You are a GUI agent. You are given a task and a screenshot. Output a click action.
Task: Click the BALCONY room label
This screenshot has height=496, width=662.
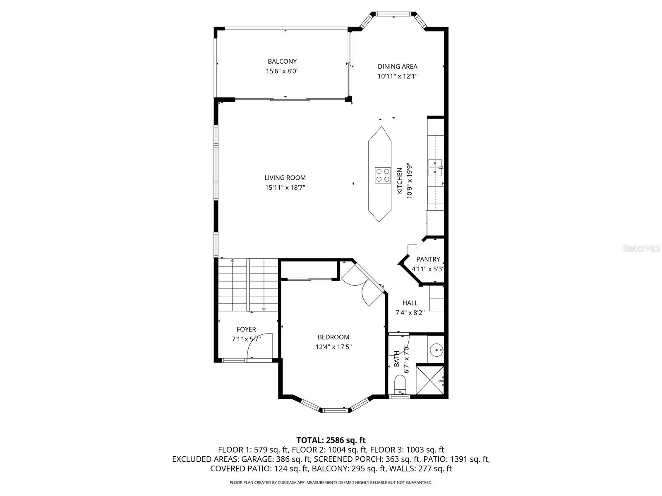pos(282,62)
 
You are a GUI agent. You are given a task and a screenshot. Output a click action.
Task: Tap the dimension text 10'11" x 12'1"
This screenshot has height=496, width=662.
pos(397,76)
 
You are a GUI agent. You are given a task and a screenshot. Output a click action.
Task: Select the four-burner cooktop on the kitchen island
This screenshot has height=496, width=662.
pos(383,175)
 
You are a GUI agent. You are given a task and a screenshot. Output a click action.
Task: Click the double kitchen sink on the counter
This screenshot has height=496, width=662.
pos(435,167)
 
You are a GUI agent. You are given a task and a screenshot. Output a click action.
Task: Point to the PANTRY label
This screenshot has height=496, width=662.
pos(428,259)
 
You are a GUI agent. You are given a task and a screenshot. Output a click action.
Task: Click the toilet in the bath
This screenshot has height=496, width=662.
pos(400,384)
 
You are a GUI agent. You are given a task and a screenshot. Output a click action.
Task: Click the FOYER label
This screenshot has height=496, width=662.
pos(246,329)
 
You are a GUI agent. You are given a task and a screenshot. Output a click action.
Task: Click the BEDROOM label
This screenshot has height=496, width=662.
pos(333,337)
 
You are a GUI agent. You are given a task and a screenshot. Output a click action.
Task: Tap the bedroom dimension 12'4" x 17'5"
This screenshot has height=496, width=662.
pos(333,347)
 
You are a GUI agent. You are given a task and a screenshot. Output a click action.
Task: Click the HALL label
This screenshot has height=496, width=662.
pos(410,303)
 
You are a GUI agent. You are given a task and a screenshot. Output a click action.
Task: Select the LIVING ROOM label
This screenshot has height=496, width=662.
pos(285,178)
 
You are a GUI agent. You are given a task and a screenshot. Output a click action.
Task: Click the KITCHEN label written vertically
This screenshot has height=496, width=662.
pos(400,181)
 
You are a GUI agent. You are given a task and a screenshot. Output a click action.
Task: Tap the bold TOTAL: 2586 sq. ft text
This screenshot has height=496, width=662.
pos(331,440)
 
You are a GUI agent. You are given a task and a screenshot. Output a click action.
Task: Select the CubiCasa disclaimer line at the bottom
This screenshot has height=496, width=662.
pos(331,482)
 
